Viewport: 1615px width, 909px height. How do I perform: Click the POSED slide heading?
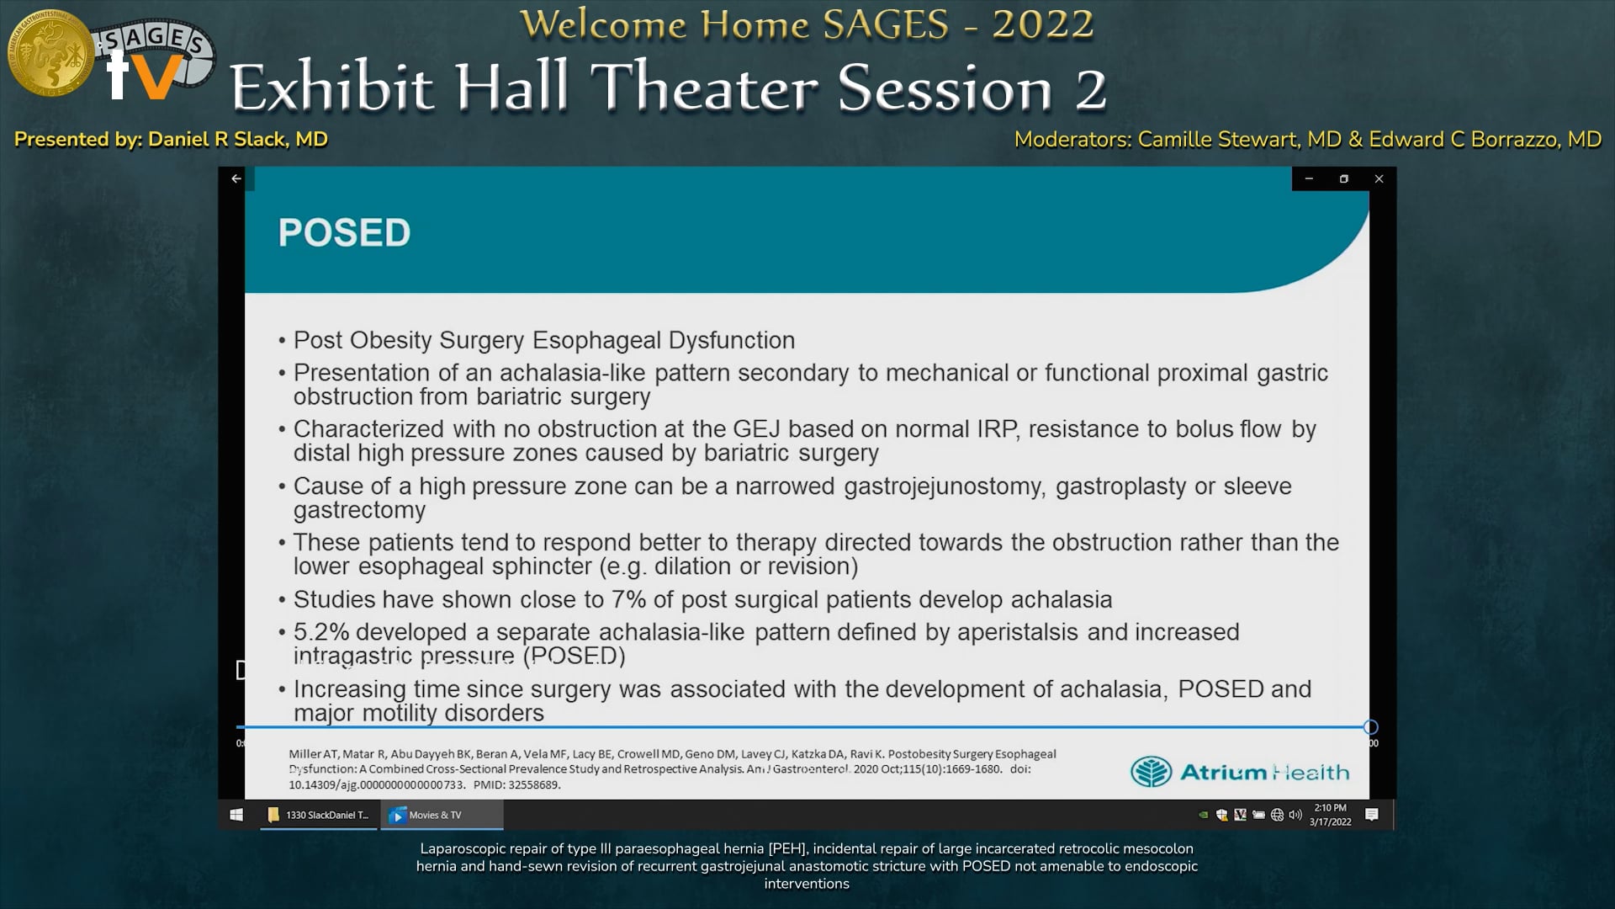click(x=344, y=233)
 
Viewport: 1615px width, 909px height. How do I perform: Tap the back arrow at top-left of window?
click(x=236, y=178)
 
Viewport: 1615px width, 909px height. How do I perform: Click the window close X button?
click(x=1379, y=178)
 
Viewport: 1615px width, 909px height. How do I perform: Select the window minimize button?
click(x=1309, y=178)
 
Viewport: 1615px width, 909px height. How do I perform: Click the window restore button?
click(x=1343, y=178)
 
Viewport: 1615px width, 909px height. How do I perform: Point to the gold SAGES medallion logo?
click(x=50, y=53)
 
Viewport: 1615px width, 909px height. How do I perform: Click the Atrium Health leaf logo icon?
click(x=1151, y=772)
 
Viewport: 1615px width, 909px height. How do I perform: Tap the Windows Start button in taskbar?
click(x=236, y=815)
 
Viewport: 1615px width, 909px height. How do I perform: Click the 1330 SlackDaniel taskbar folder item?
click(x=319, y=815)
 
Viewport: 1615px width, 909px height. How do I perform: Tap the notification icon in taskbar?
click(x=1371, y=815)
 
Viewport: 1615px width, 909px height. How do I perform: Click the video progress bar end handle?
click(x=1370, y=727)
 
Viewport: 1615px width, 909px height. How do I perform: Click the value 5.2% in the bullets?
click(x=321, y=632)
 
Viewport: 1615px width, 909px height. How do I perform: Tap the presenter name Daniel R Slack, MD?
click(x=237, y=140)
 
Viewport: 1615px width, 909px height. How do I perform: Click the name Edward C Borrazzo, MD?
click(x=1485, y=140)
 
